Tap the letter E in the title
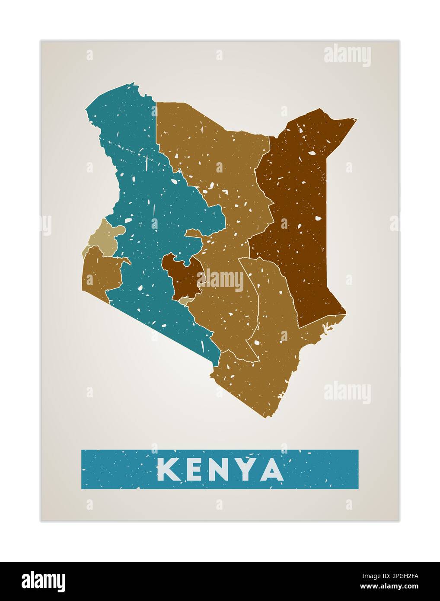pyautogui.click(x=192, y=469)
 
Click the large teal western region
pyautogui.click(x=143, y=208)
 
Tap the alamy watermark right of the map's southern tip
pyautogui.click(x=347, y=393)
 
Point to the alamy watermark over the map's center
pyautogui.click(x=223, y=280)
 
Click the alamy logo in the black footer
pyautogui.click(x=44, y=581)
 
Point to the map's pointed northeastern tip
pyautogui.click(x=357, y=119)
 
